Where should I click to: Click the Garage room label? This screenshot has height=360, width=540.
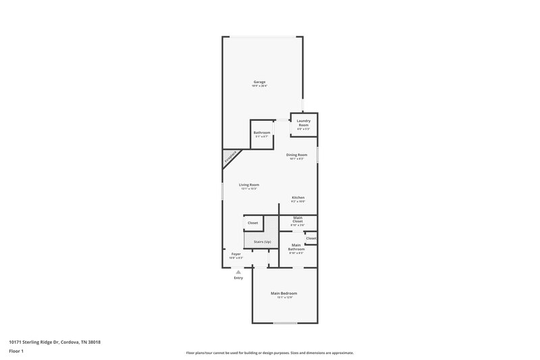point(260,82)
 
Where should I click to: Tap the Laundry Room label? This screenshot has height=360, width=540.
point(303,122)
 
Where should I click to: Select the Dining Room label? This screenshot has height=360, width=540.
point(296,155)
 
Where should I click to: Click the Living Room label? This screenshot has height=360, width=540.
point(249,184)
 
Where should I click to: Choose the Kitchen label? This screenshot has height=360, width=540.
point(298,198)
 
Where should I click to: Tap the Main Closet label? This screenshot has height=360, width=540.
point(297,220)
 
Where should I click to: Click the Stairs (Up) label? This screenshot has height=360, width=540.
point(262,241)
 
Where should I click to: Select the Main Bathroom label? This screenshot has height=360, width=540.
point(297,247)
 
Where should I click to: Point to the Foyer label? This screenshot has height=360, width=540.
point(236,254)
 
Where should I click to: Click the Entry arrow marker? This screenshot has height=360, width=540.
point(238,272)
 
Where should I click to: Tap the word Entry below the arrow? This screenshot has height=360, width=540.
point(238,278)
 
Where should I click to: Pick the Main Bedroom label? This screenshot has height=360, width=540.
point(283,293)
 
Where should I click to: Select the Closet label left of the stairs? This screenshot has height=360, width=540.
point(252,223)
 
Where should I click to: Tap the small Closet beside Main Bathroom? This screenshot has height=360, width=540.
point(311,238)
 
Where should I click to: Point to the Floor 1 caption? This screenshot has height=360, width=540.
point(16,351)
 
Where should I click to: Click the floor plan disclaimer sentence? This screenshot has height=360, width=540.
point(269,353)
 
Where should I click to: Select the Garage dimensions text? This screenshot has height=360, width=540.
point(260,86)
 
